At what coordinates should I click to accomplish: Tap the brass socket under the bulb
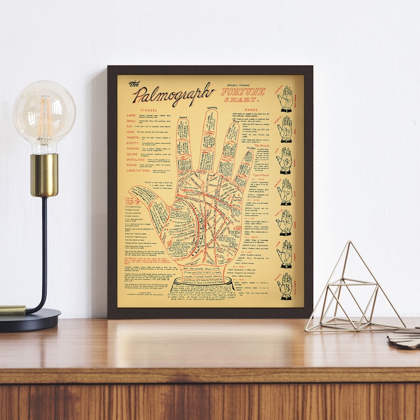[44, 175]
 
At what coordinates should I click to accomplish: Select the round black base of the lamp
[29, 319]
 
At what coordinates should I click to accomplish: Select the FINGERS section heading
[149, 110]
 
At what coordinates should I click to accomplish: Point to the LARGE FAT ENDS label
[139, 171]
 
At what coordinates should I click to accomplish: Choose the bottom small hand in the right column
[286, 286]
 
